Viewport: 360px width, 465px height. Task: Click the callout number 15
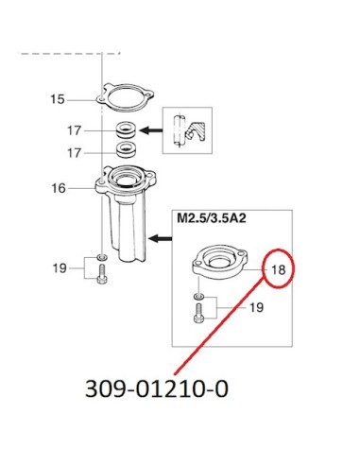tap(58, 99)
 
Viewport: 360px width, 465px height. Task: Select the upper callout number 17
tap(75, 130)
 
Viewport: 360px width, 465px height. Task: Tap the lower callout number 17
tap(75, 153)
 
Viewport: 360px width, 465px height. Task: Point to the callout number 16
tap(59, 188)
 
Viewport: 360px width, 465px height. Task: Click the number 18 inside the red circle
tap(279, 269)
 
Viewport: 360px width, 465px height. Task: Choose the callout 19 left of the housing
tap(60, 268)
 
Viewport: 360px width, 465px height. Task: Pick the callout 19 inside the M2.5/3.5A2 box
tap(256, 307)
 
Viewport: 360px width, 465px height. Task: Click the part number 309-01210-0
tap(157, 388)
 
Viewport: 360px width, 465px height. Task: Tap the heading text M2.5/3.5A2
tap(212, 218)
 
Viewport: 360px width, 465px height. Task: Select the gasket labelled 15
tap(125, 96)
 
